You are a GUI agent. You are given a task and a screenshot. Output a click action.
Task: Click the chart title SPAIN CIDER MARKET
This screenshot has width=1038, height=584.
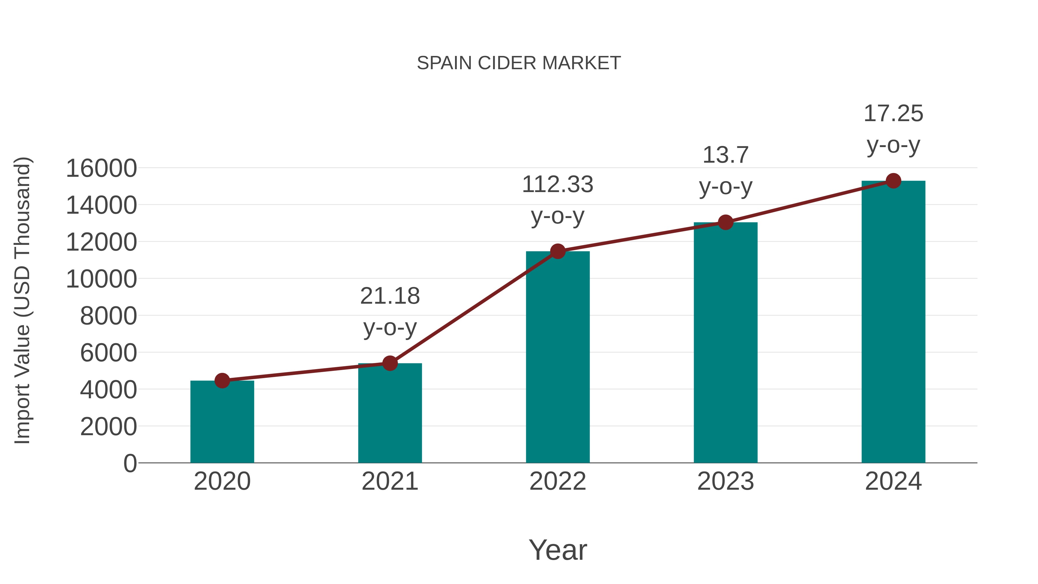(x=519, y=63)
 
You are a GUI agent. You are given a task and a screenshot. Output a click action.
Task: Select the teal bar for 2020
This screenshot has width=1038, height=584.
(x=222, y=423)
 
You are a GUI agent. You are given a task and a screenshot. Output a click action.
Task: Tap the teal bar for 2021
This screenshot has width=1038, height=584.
(x=390, y=415)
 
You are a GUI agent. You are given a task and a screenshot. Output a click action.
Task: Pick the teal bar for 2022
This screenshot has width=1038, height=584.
(x=558, y=359)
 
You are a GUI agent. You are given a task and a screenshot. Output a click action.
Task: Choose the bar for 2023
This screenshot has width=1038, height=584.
(x=725, y=343)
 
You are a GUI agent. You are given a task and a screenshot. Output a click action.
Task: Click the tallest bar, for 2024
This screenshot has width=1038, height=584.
(x=893, y=322)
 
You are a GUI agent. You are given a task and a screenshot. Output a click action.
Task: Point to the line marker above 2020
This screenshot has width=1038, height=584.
(x=222, y=380)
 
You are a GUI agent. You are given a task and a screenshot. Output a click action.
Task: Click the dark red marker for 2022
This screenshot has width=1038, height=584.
(x=558, y=251)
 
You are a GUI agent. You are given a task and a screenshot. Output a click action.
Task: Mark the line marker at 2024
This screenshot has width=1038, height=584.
(x=893, y=181)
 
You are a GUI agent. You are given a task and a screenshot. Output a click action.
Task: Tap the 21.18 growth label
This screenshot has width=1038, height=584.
(x=390, y=296)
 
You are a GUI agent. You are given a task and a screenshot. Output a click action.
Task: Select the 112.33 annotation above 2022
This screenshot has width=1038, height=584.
(x=558, y=185)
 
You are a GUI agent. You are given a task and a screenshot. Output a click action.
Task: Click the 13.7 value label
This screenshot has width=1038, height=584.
(x=725, y=155)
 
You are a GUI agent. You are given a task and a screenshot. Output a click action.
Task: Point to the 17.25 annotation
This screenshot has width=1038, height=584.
(x=893, y=114)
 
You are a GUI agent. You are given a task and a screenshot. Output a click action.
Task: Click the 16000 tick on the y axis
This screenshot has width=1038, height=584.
(x=101, y=168)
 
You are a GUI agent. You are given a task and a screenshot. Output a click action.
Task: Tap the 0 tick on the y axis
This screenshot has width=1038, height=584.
(x=130, y=463)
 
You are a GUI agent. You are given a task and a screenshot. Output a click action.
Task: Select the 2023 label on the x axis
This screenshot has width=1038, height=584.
(x=725, y=481)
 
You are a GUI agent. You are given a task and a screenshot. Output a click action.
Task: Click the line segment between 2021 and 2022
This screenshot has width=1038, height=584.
(x=474, y=307)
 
